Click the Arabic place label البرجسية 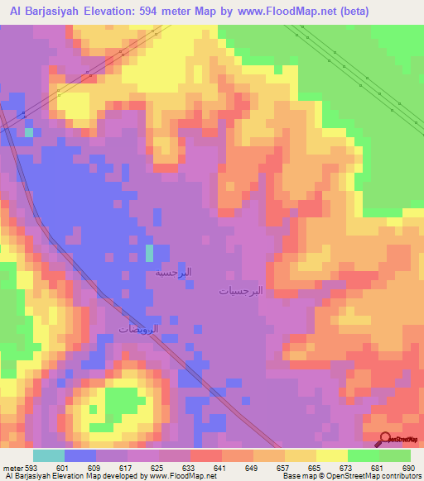point(173,272)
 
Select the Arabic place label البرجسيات point(241,291)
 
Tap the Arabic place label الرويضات point(138,329)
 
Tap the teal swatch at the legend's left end point(48,455)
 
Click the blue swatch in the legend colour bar point(79,455)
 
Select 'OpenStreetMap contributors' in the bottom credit point(382,476)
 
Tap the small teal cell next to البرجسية point(150,252)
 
